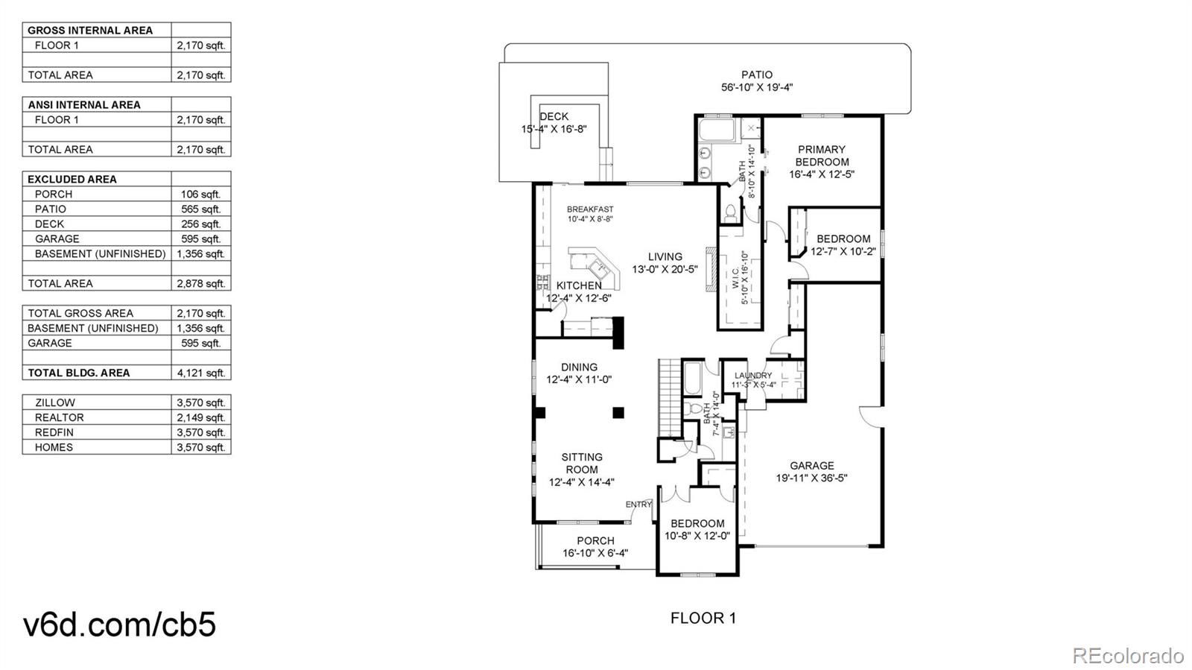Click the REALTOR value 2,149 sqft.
click(x=201, y=418)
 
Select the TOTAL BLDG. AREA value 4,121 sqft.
click(x=201, y=373)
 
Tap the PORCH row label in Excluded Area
click(x=53, y=195)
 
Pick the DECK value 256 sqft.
click(x=200, y=224)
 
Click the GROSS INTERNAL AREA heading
click(x=90, y=31)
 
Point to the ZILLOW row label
click(x=55, y=403)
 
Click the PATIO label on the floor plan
click(x=757, y=75)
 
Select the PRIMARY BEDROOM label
click(x=822, y=156)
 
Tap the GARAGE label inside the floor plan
click(x=811, y=466)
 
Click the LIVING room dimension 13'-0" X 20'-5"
click(x=665, y=270)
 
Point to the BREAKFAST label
click(x=589, y=209)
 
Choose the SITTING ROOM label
click(x=582, y=463)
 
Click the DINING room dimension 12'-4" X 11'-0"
click(x=579, y=380)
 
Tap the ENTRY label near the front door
click(x=638, y=505)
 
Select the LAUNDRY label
click(x=753, y=376)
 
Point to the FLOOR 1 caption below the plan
click(x=703, y=618)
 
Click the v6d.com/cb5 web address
click(x=120, y=624)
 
